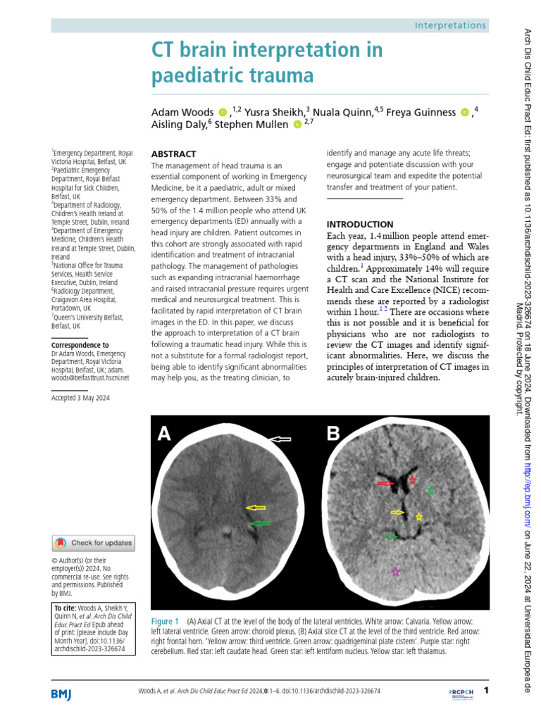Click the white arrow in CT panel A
[x=281, y=439]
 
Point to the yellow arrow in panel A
[x=256, y=507]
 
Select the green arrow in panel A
[x=260, y=523]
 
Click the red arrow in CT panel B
[x=385, y=484]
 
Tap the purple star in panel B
[x=395, y=572]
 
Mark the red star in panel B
[x=413, y=480]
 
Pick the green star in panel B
[x=431, y=489]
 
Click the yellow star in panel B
[x=419, y=517]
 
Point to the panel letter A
[x=164, y=434]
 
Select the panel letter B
[x=333, y=434]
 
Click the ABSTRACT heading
[x=175, y=153]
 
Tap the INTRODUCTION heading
[x=360, y=224]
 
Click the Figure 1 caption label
[x=166, y=622]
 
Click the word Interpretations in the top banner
[x=451, y=25]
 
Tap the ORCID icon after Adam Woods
[x=223, y=111]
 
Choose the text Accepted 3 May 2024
[x=80, y=398]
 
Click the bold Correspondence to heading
[x=80, y=345]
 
